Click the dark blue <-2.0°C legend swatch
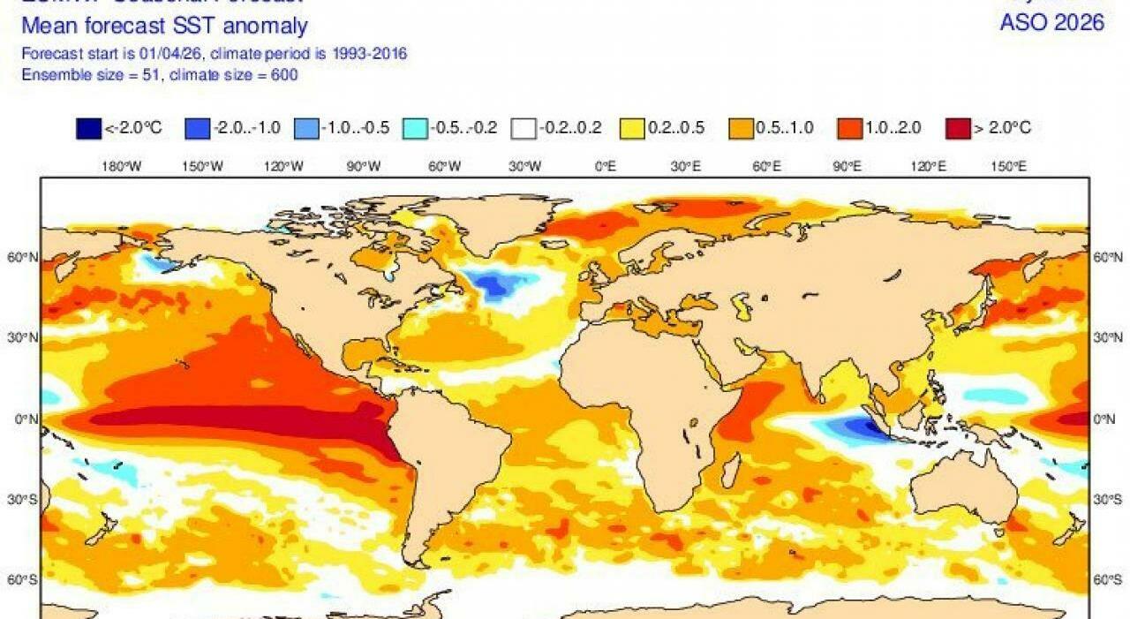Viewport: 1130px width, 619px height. (90, 128)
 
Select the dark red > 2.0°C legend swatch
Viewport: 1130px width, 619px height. (957, 128)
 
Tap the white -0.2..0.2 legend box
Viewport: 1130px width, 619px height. (523, 128)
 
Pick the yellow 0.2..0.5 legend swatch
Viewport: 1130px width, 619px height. (632, 128)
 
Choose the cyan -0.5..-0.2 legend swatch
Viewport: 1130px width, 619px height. (414, 128)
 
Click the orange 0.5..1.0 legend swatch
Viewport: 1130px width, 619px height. (740, 128)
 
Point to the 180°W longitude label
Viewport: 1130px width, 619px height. (122, 165)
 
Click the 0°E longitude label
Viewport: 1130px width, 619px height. (606, 165)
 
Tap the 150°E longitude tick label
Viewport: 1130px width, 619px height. (1008, 165)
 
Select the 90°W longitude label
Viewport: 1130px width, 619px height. (364, 165)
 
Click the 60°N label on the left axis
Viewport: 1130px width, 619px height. (24, 257)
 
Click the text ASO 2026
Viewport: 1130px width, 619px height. (1051, 23)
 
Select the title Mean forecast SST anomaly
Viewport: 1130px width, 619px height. (165, 26)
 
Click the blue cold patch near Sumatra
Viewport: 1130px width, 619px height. (852, 428)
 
